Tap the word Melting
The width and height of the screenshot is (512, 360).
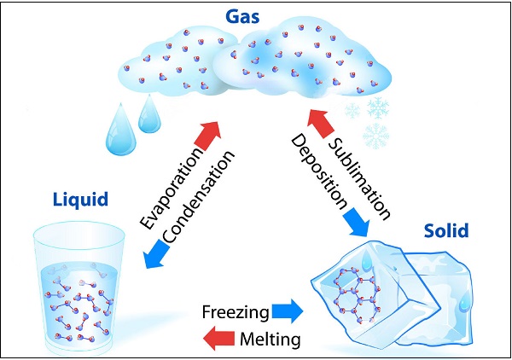click(269, 340)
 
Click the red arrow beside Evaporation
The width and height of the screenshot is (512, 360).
click(210, 133)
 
